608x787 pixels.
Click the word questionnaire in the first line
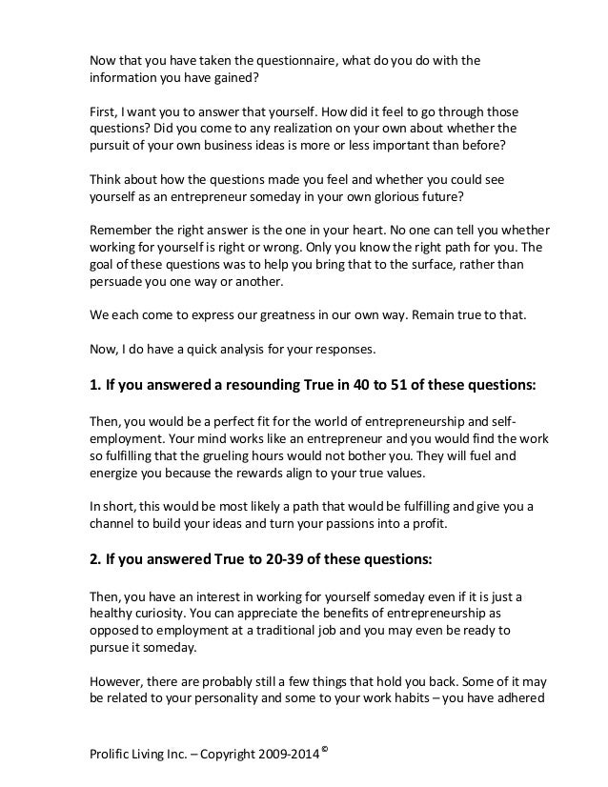(x=293, y=62)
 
